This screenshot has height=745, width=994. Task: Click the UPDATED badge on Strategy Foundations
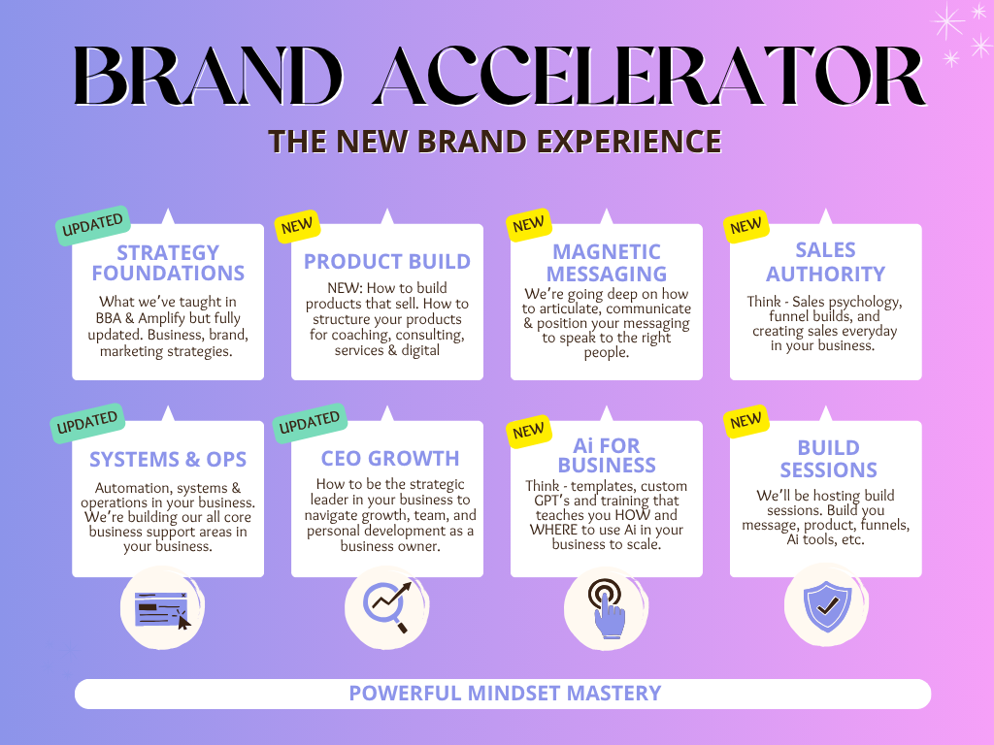(93, 225)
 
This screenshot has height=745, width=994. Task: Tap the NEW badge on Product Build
(297, 226)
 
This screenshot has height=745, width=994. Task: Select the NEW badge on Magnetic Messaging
(529, 224)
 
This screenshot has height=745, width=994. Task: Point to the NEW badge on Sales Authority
(746, 226)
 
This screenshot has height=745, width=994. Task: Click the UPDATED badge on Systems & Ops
(87, 423)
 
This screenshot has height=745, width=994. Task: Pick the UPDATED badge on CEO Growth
(310, 423)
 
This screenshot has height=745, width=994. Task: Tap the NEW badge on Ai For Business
(529, 431)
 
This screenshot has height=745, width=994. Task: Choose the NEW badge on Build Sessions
(746, 421)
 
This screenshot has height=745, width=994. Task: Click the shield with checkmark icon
(827, 606)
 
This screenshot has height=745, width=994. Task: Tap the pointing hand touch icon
(607, 608)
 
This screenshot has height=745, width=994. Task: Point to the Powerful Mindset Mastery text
(505, 693)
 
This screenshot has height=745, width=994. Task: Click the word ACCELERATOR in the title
(650, 76)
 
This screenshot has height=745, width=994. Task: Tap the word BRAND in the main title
(209, 76)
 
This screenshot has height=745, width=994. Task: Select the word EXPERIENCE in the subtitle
(629, 142)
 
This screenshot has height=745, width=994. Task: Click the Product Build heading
(387, 261)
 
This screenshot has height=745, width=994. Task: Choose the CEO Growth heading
(390, 458)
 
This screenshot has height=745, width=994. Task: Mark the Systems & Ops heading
(168, 459)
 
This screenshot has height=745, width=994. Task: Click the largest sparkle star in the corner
(947, 21)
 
